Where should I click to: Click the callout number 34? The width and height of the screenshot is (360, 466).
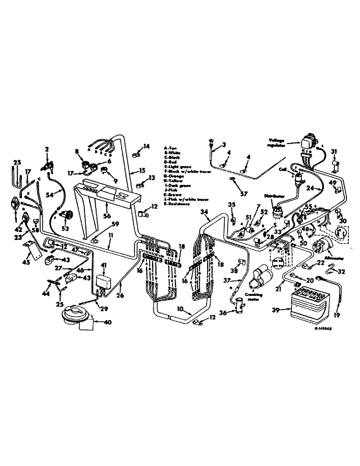pos(204,212)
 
